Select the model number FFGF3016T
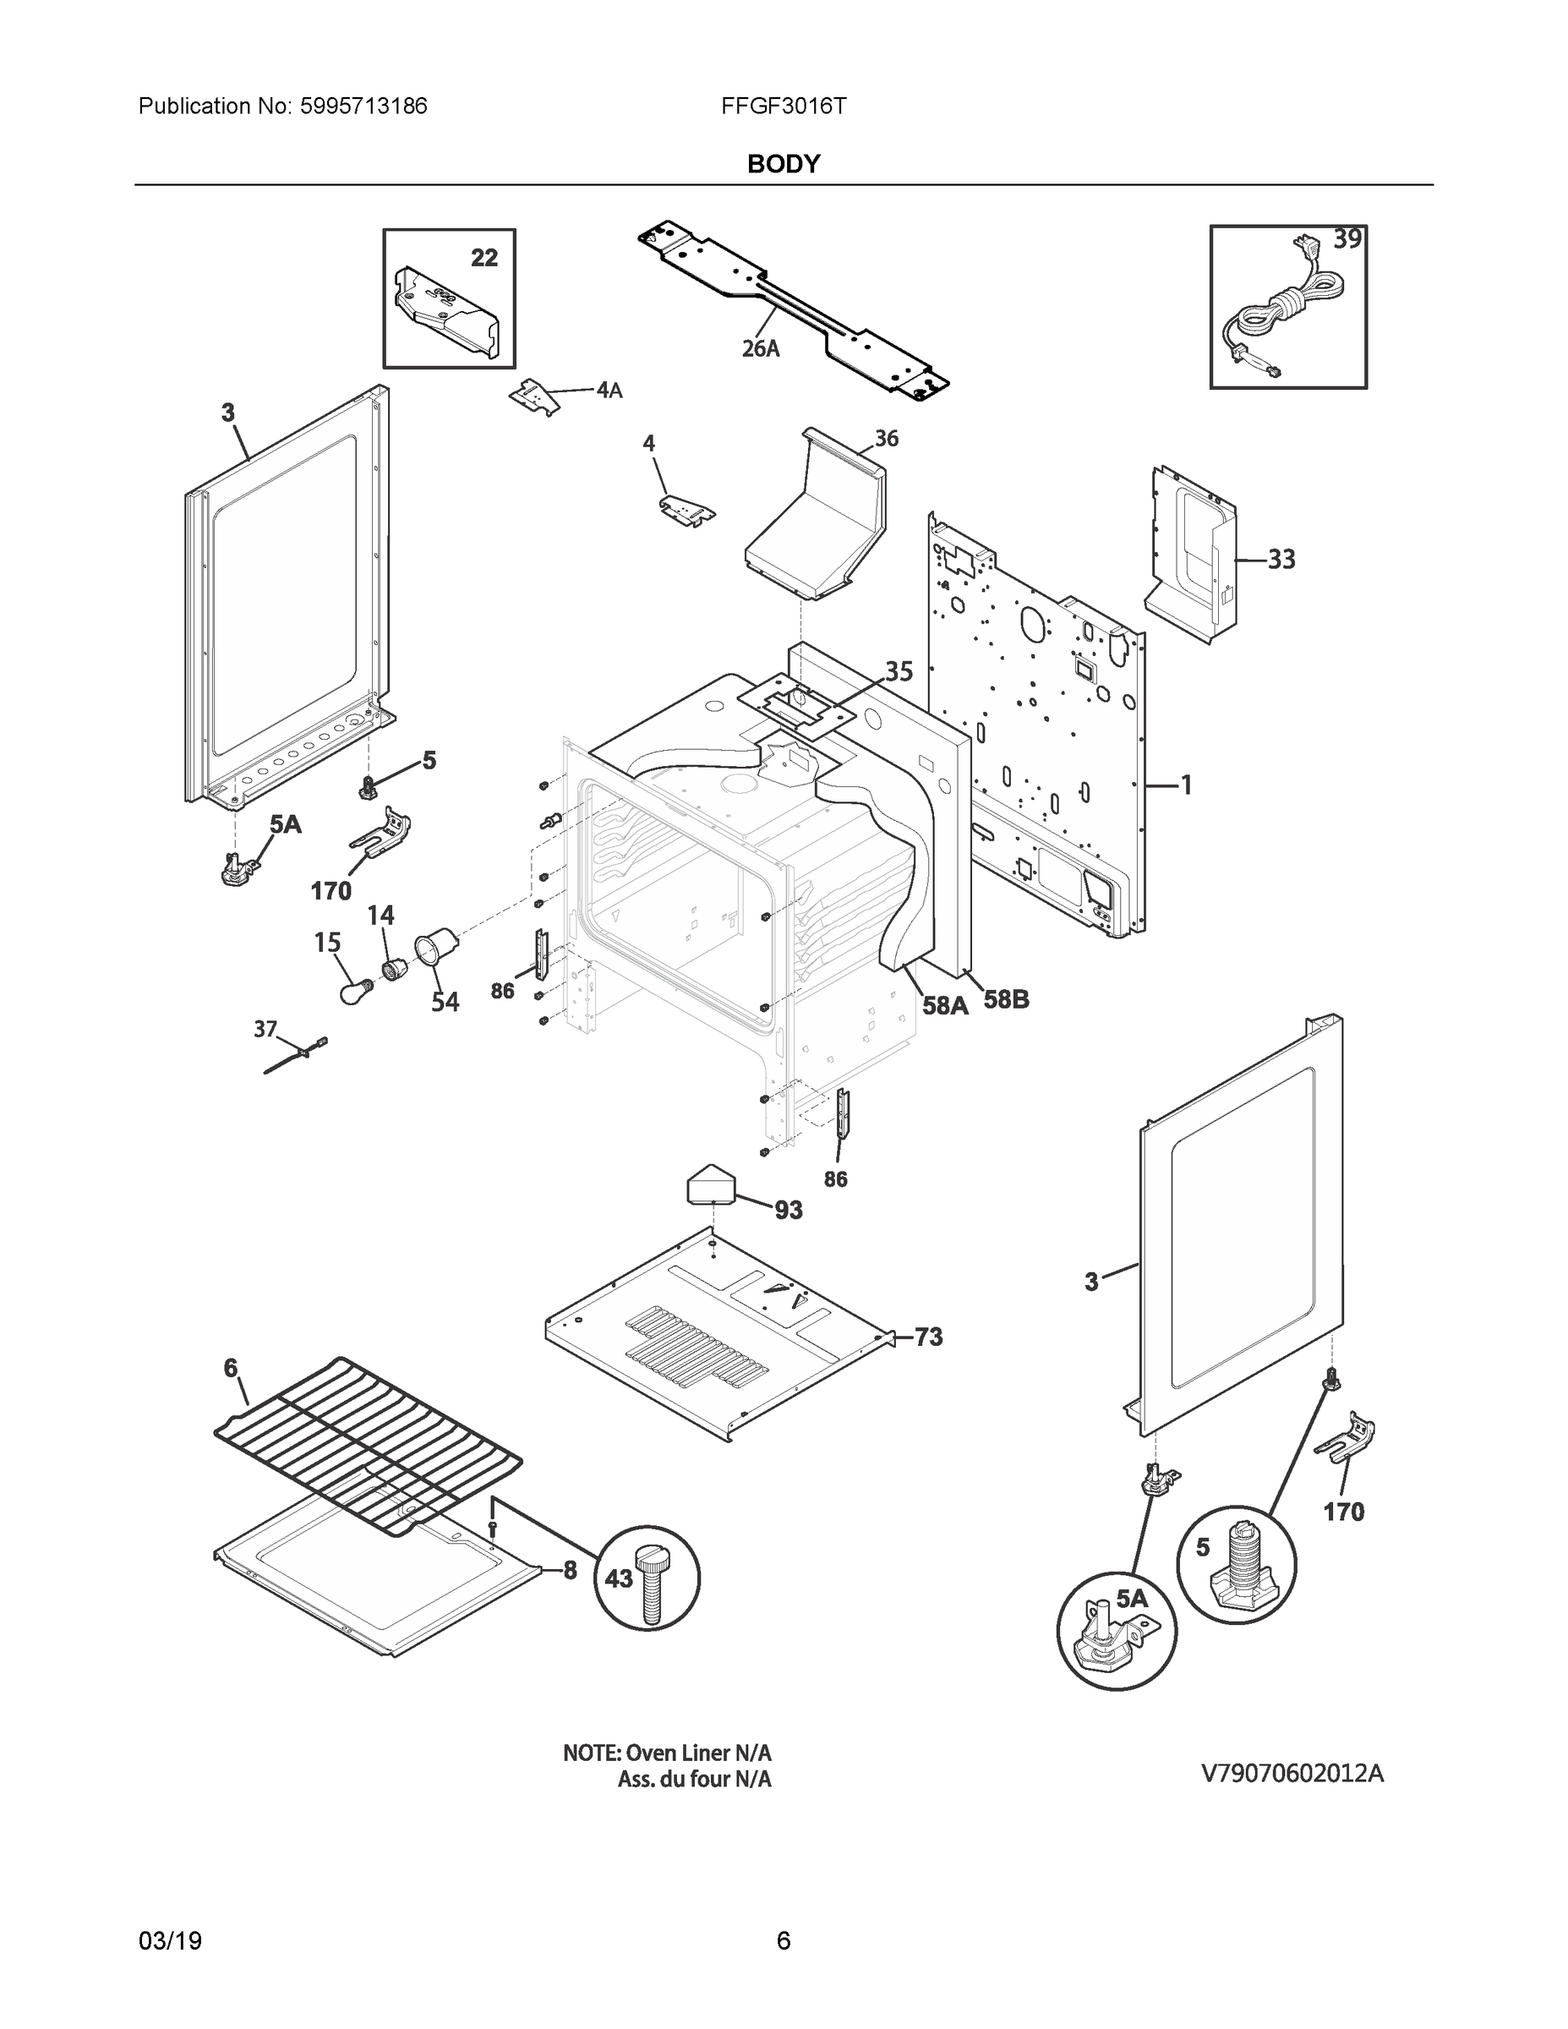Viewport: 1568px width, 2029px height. pos(783,106)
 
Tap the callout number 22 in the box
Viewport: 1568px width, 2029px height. pos(484,257)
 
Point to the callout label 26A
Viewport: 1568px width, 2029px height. pos(760,348)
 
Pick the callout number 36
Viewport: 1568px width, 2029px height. pos(886,439)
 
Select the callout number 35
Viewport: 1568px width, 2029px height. pos(899,670)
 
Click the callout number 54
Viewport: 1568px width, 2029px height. pos(445,1003)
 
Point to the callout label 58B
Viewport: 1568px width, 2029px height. pos(1006,999)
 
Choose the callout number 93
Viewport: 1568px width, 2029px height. pos(789,1210)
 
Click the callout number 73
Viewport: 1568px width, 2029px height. pos(928,1337)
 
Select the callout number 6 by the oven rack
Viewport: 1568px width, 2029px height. pos(231,1368)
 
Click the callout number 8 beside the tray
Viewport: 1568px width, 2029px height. pos(570,1570)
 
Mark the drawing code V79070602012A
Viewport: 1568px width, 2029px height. pos(1292,1774)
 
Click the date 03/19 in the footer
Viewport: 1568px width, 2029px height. pos(170,1941)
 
